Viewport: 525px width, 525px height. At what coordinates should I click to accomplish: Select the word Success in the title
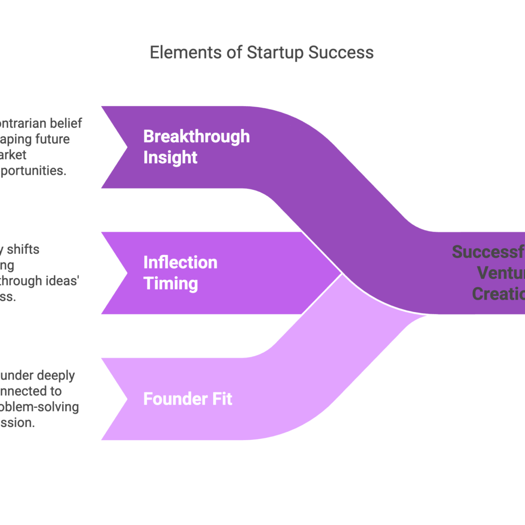coord(341,52)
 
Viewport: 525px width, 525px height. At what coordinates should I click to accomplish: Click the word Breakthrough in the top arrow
coord(196,136)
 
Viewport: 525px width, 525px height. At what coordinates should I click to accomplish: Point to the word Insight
coord(170,157)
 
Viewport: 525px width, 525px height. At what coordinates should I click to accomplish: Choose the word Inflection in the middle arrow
coord(180,262)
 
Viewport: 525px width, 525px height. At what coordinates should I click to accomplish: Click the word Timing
coord(170,283)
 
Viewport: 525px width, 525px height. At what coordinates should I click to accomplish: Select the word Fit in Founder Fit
coord(222,399)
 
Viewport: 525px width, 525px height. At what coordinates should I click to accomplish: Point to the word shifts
coord(23,250)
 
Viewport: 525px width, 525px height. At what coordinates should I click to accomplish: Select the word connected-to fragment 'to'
coord(56,391)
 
